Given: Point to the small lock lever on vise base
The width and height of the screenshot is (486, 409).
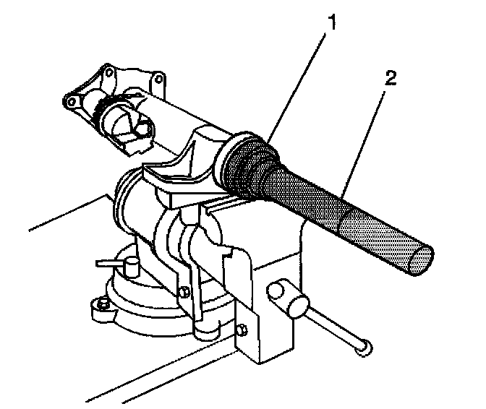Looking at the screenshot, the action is (x=116, y=261).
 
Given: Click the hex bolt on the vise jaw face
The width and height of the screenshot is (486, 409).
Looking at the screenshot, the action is (x=185, y=290).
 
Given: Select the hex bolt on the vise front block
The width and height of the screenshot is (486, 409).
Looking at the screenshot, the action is (x=242, y=331).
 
